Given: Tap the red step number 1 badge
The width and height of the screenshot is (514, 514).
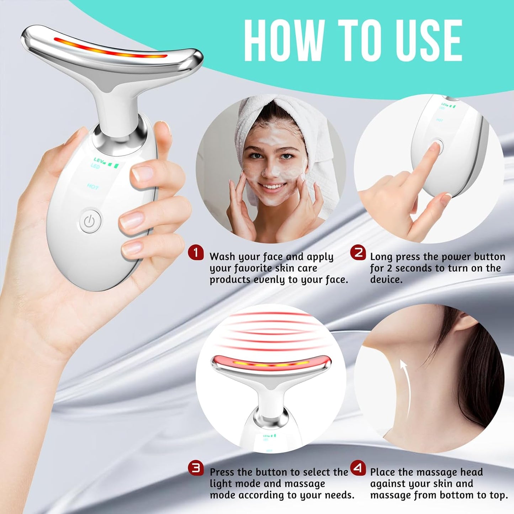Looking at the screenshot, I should tap(196, 253).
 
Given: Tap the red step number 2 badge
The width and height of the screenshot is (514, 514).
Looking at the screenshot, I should tap(358, 253).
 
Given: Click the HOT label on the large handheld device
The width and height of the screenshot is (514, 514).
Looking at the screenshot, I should tap(92, 187).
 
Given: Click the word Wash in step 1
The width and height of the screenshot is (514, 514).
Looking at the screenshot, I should tap(222, 257).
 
